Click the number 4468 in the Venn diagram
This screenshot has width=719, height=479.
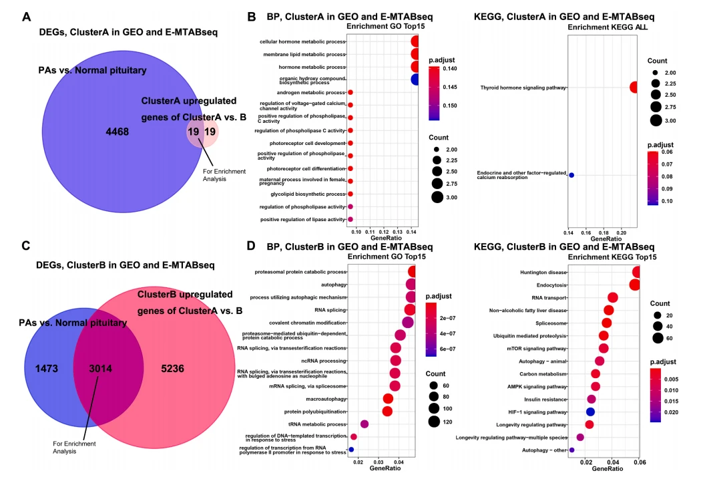[117, 132]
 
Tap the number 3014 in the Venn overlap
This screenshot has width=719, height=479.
[100, 368]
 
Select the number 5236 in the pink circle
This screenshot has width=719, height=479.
[172, 368]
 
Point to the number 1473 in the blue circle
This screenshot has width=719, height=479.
[46, 368]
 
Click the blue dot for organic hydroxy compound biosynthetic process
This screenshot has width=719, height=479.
[415, 79]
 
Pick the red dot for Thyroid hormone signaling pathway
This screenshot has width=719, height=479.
[634, 87]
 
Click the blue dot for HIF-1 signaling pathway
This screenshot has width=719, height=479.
[591, 412]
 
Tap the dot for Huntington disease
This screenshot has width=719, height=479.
[636, 272]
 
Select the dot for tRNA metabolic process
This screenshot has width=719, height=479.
[365, 424]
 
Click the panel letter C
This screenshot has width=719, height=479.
[26, 246]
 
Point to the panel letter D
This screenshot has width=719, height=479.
[251, 246]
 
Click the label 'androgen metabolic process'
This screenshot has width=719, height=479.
[311, 92]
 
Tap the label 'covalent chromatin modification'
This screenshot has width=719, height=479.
[308, 323]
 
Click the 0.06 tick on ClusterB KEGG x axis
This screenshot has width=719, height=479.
[640, 462]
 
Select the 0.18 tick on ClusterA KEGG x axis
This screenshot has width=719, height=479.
[604, 232]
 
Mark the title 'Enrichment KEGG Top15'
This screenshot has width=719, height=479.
[612, 257]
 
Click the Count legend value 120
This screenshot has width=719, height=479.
[447, 421]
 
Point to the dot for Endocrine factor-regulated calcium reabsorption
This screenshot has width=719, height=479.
[571, 175]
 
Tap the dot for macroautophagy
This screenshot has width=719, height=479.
[388, 399]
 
